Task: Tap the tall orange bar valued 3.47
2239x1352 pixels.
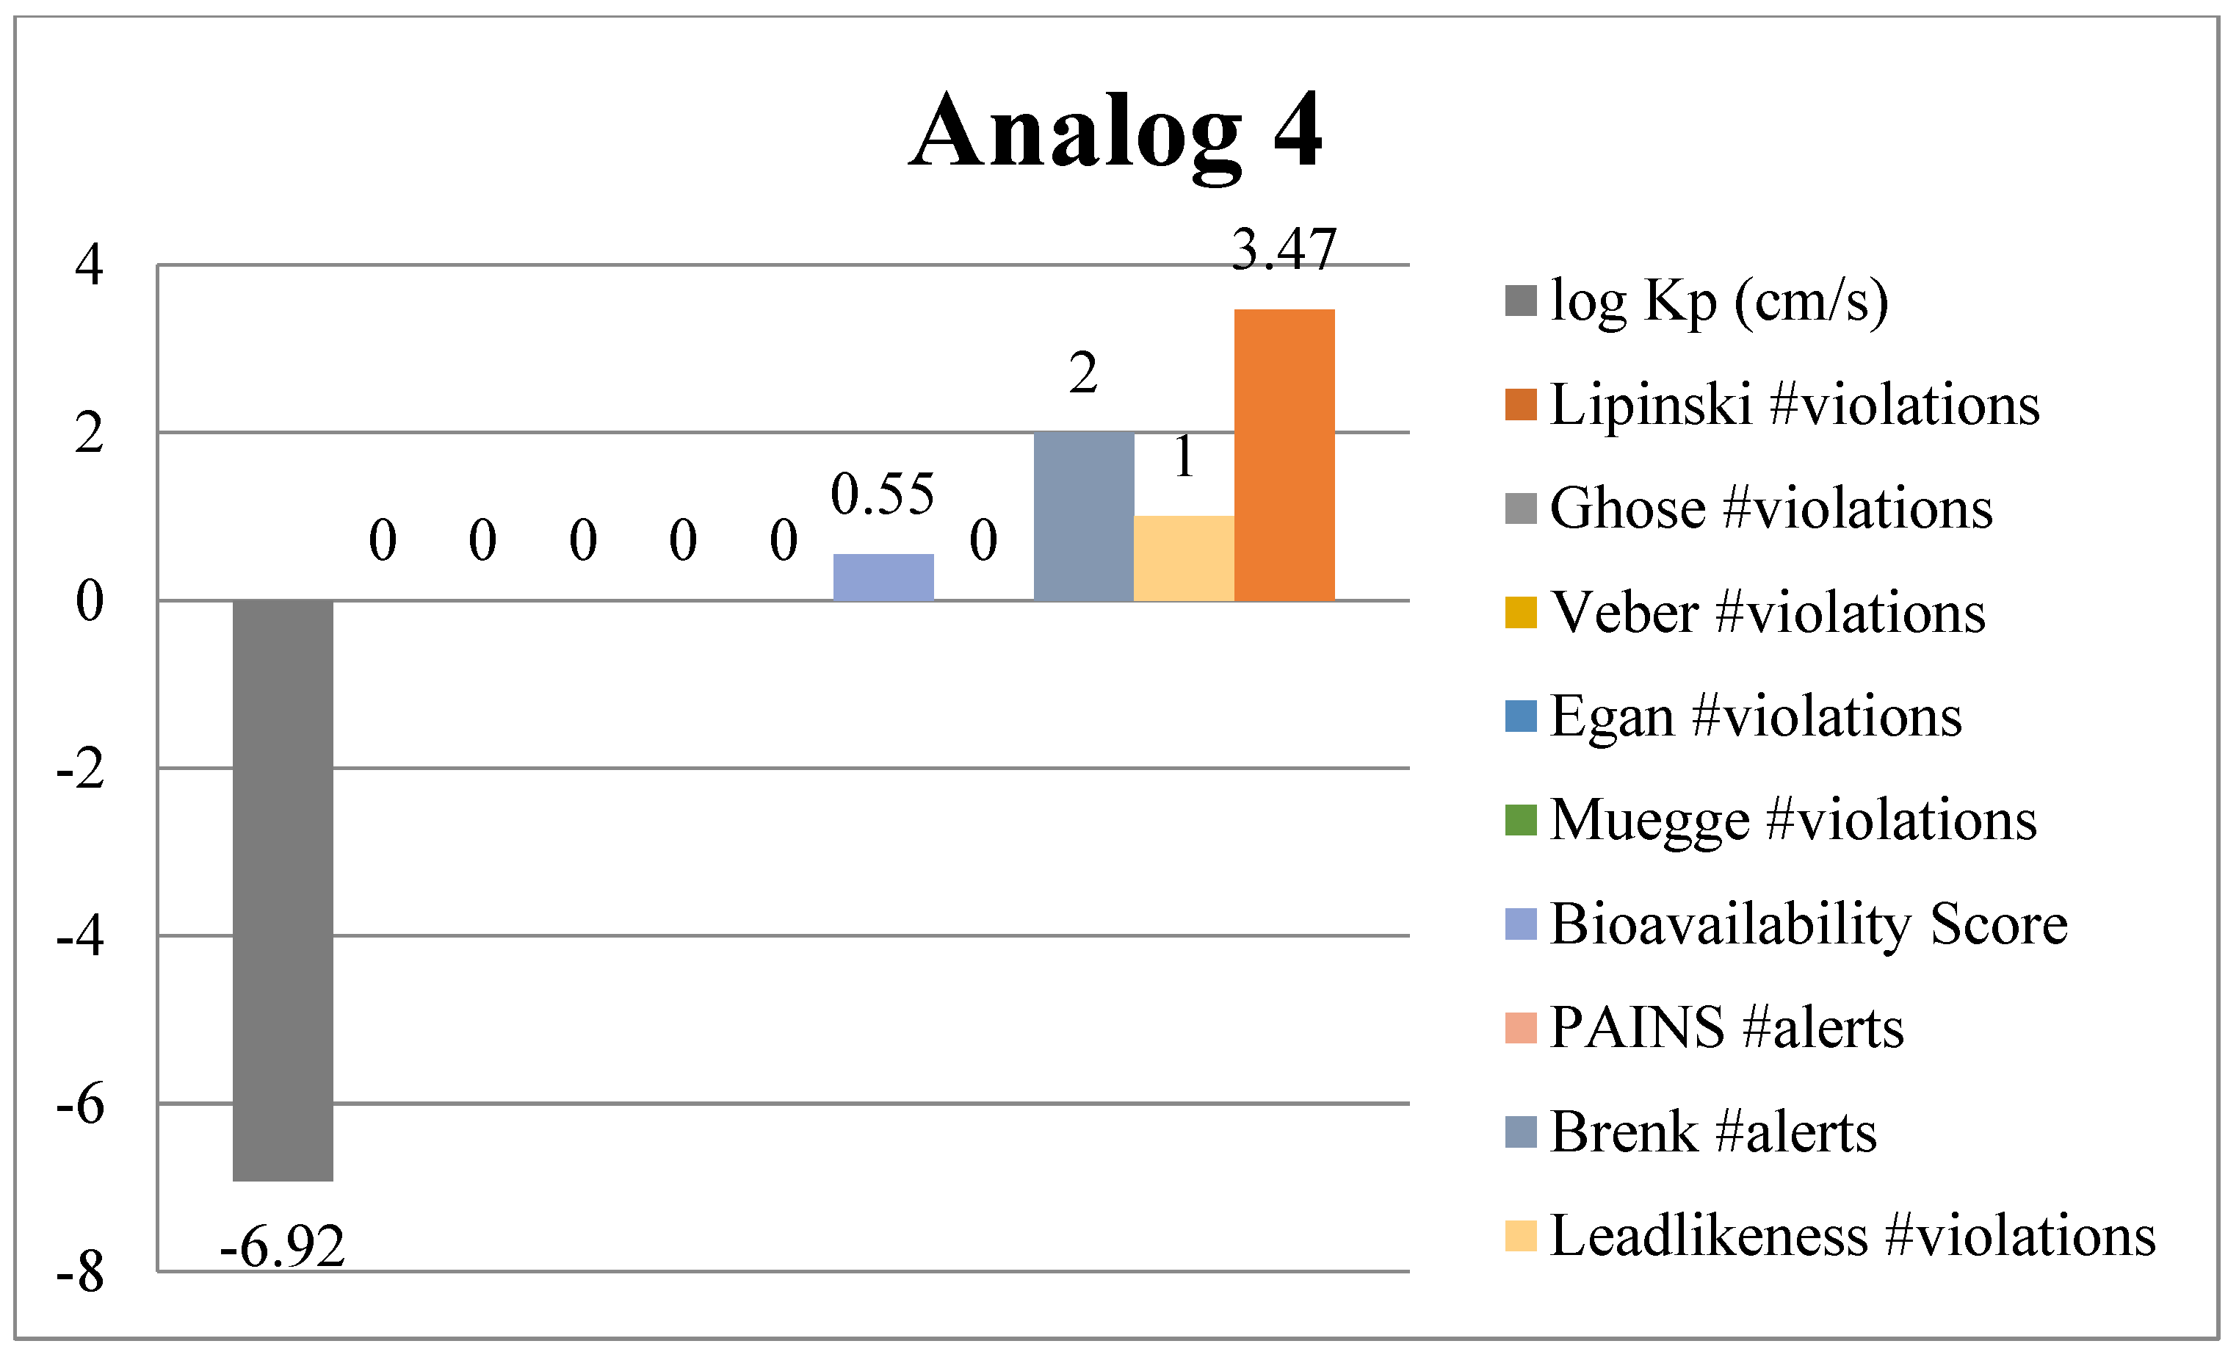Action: click(x=1283, y=455)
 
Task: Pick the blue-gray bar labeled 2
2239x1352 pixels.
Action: click(x=1083, y=516)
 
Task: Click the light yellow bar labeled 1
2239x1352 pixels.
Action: click(x=1183, y=558)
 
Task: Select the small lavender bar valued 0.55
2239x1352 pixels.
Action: click(x=883, y=577)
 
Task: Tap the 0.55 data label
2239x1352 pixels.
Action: click(x=883, y=495)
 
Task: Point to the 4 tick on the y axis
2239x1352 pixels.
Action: click(x=89, y=265)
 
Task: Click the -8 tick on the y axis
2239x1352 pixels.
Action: click(x=80, y=1272)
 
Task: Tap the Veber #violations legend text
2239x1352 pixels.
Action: click(x=1768, y=612)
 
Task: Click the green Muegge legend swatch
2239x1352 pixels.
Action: click(x=1520, y=820)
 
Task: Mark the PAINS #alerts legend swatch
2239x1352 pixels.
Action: click(x=1520, y=1027)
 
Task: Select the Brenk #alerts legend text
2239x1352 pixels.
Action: click(x=1713, y=1132)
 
